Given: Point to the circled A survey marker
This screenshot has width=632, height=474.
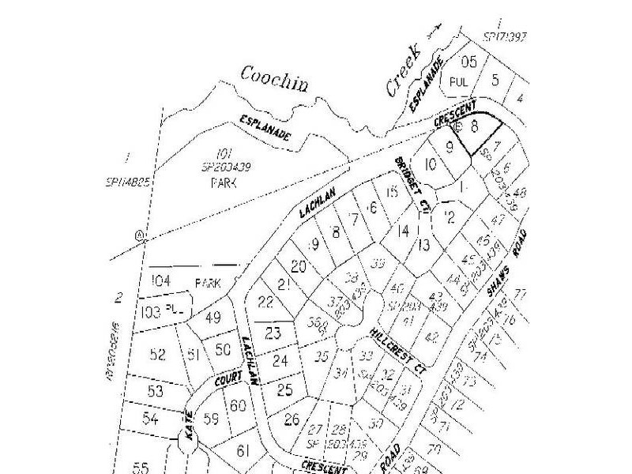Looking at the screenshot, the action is [x=141, y=235].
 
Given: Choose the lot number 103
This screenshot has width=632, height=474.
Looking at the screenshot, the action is [x=152, y=312].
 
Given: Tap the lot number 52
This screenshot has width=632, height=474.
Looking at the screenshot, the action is [x=157, y=354].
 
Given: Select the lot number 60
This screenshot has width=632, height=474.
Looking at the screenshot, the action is [x=238, y=406].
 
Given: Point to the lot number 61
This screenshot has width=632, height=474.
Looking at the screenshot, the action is [x=243, y=450].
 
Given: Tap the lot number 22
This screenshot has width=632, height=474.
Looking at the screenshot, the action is [x=265, y=301].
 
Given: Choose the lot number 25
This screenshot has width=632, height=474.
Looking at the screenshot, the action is [x=285, y=389].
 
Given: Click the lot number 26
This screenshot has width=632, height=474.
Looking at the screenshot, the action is [x=292, y=419].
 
